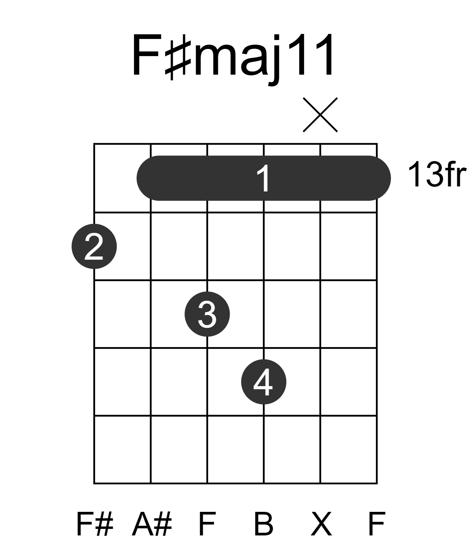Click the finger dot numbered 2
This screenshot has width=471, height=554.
(x=94, y=246)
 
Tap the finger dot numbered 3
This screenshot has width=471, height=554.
(x=207, y=314)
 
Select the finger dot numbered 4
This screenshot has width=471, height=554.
(x=264, y=382)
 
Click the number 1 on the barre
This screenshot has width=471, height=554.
(x=264, y=179)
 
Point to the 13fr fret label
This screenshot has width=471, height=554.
(x=437, y=174)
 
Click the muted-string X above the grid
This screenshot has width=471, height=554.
(x=320, y=115)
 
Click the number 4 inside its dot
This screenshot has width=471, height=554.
(x=263, y=382)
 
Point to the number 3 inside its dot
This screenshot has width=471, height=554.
(x=207, y=314)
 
